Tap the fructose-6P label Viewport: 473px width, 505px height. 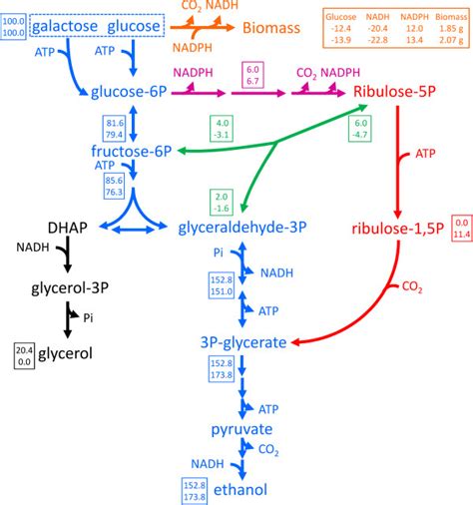click(132, 153)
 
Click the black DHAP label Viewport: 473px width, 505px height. click(39, 228)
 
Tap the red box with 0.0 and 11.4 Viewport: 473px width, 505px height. click(461, 228)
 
